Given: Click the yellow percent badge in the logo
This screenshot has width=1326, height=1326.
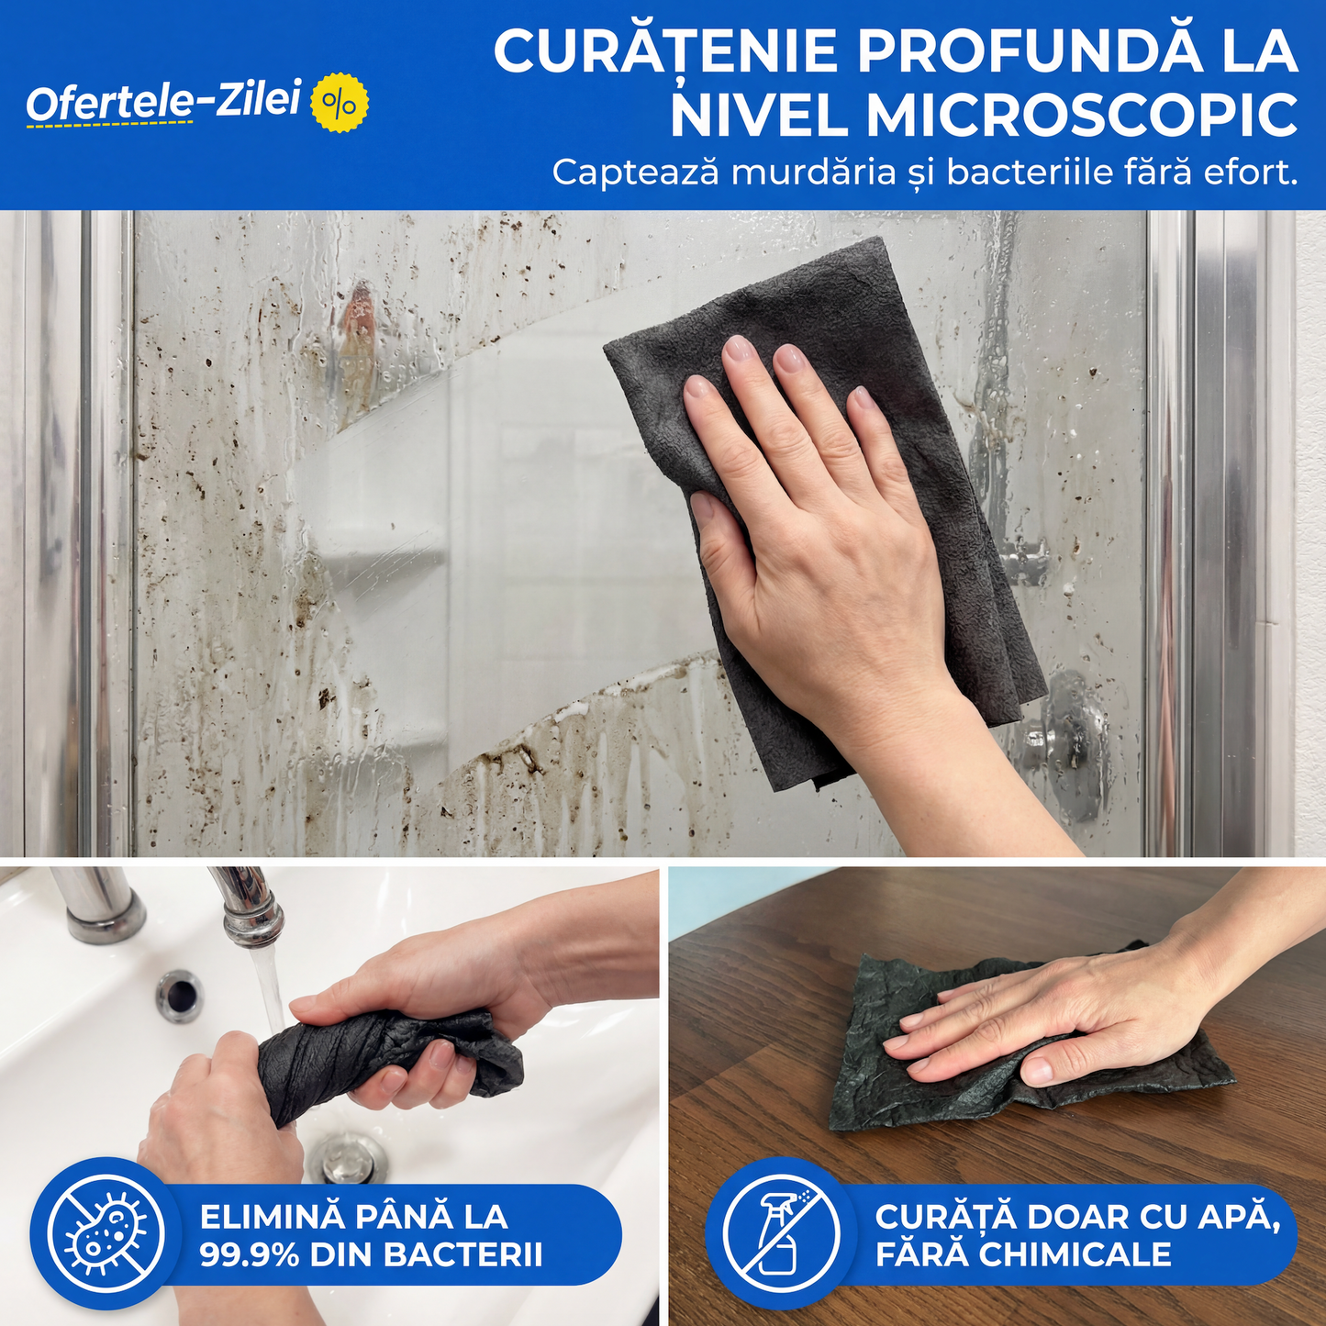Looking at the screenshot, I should click(340, 103).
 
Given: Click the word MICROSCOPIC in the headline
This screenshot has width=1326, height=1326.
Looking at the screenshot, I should click(1082, 117).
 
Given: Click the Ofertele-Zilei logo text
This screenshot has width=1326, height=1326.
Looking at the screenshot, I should click(163, 101).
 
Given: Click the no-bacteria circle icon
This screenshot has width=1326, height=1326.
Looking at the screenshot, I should click(106, 1234).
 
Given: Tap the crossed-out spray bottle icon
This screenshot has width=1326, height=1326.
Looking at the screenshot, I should click(781, 1234).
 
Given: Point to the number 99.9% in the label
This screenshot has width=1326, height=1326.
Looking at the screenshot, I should click(250, 1254).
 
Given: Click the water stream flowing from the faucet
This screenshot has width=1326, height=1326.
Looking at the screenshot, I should click(270, 991).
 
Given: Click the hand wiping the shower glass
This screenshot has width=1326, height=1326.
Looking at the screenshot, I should click(817, 514).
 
